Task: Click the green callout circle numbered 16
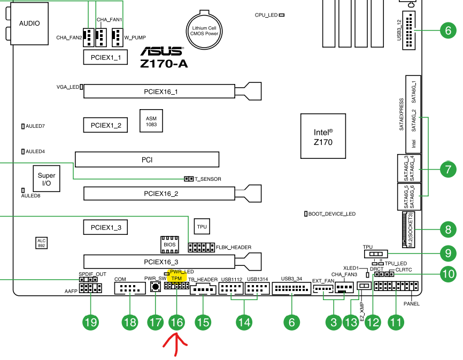click(x=176, y=322)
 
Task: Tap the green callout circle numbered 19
click(x=90, y=322)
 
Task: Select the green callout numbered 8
click(x=447, y=230)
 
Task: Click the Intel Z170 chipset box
click(x=323, y=136)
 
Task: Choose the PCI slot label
click(x=147, y=159)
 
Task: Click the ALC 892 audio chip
click(x=42, y=243)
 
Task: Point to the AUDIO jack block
click(x=29, y=24)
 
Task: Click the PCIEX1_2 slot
click(x=105, y=125)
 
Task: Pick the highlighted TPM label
click(x=175, y=278)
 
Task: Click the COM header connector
click(x=130, y=289)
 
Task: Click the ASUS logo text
click(x=161, y=52)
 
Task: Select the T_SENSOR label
click(x=208, y=179)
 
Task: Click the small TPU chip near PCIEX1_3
click(x=202, y=227)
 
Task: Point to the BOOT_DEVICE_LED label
click(x=332, y=214)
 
